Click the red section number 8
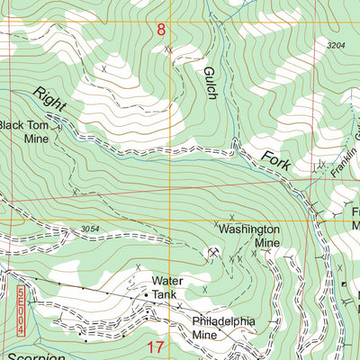click(161, 30)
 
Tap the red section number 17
click(155, 346)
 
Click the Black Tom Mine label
click(24, 132)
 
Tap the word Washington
click(248, 229)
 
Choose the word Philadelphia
click(223, 321)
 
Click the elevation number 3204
click(336, 44)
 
